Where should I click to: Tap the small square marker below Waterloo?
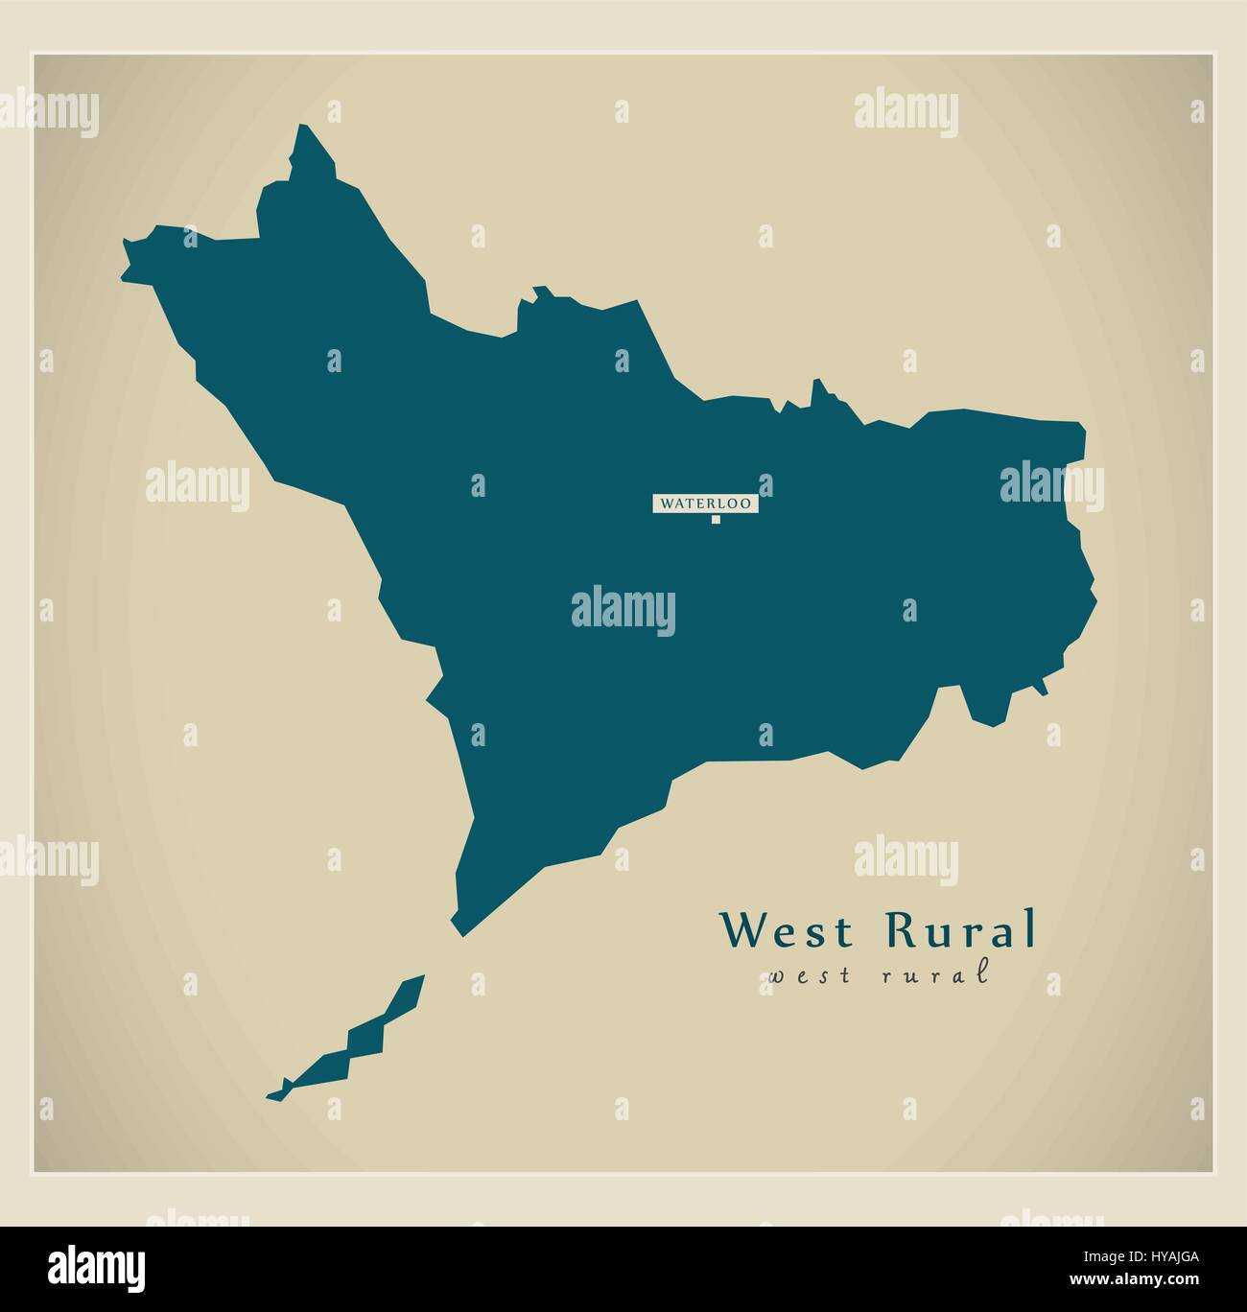pyautogui.click(x=715, y=520)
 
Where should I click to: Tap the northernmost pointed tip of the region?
pyautogui.click(x=305, y=128)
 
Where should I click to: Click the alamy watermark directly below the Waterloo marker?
pyautogui.click(x=623, y=611)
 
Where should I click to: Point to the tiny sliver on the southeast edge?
pyautogui.click(x=1040, y=687)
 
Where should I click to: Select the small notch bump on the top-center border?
pyautogui.click(x=540, y=290)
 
